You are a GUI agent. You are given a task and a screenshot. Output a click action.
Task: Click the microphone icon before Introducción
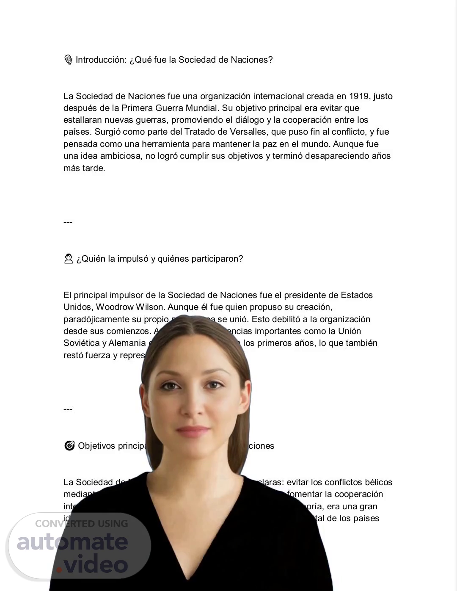point(68,60)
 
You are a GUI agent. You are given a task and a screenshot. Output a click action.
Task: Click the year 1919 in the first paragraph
point(359,96)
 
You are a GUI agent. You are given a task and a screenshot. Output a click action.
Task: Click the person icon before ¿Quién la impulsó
point(69,259)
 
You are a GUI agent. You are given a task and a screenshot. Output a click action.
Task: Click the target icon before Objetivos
point(69,446)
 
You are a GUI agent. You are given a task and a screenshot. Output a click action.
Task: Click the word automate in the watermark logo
point(72,542)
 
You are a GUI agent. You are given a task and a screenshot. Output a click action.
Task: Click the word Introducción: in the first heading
point(101,60)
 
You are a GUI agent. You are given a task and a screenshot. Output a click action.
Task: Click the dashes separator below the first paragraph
point(68,222)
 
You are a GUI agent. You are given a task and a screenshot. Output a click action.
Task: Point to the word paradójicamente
point(96,319)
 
